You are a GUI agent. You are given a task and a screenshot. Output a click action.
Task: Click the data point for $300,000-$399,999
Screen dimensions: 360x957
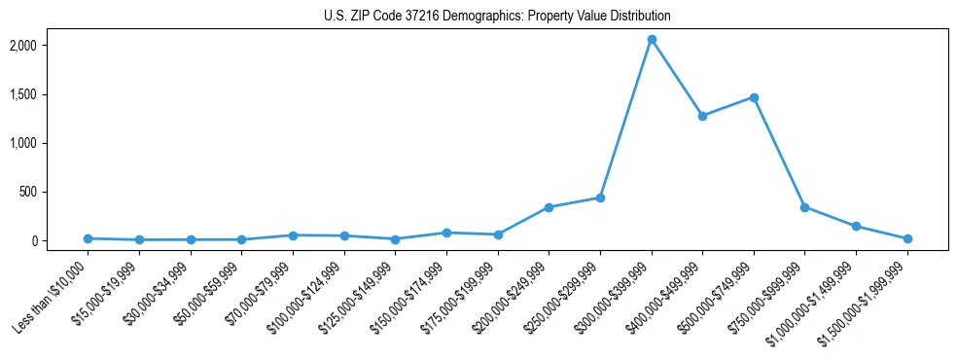(x=652, y=40)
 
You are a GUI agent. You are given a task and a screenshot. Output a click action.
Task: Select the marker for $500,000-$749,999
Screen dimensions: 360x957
(x=754, y=97)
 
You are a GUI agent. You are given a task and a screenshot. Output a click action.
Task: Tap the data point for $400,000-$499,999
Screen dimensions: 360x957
(x=702, y=116)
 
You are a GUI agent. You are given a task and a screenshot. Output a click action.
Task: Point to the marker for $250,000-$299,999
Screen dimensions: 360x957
(x=600, y=198)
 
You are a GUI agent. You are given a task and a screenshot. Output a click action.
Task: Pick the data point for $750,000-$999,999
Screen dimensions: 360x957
(x=804, y=207)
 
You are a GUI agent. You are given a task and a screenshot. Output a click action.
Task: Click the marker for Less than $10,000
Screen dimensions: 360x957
(x=89, y=238)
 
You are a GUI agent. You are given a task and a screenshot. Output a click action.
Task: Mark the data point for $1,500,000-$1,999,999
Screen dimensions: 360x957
(x=906, y=238)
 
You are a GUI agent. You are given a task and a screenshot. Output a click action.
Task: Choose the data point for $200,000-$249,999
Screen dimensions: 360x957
(x=549, y=207)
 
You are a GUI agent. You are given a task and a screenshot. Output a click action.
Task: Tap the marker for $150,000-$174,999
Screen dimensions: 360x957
(x=446, y=233)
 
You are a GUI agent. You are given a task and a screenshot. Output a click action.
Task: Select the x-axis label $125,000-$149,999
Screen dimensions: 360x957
(x=357, y=292)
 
